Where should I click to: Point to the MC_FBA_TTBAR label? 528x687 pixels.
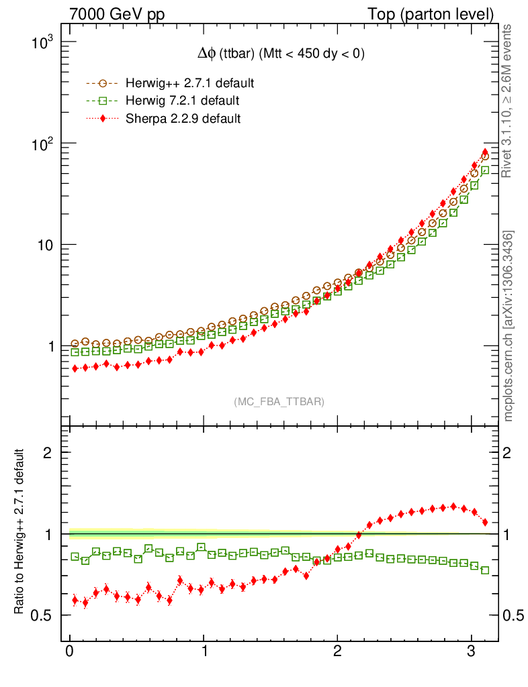(x=279, y=401)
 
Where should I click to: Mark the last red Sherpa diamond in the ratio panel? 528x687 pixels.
(x=485, y=521)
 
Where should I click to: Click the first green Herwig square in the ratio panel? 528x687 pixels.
(x=75, y=557)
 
